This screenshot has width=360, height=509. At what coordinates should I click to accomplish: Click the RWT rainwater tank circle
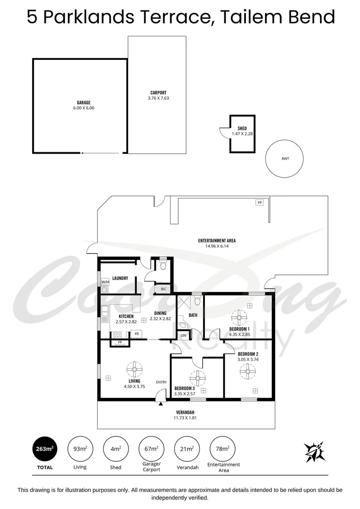click(x=285, y=159)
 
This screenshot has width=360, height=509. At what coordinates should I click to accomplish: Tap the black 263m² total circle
click(x=44, y=449)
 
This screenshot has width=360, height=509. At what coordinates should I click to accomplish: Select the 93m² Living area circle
click(x=80, y=449)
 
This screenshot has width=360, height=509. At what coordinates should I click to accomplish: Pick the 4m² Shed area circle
click(x=115, y=449)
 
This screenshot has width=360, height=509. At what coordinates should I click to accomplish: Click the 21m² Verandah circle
click(x=187, y=449)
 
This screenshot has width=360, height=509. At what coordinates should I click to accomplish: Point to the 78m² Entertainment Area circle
click(x=223, y=449)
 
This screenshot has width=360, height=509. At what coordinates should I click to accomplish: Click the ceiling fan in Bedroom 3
click(x=197, y=378)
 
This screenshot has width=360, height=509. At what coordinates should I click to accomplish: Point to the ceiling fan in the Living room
click(x=134, y=369)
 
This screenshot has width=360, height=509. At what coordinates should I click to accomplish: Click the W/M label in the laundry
click(x=105, y=282)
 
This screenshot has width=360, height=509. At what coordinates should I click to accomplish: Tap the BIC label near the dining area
click(x=164, y=288)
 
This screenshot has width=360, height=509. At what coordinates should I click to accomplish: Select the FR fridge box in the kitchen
click(x=136, y=334)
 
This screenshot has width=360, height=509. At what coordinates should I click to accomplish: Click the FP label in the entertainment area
click(x=259, y=203)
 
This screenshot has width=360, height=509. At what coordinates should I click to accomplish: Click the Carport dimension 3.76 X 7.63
click(x=158, y=98)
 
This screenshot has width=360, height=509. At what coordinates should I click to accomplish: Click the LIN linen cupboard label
click(x=184, y=335)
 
